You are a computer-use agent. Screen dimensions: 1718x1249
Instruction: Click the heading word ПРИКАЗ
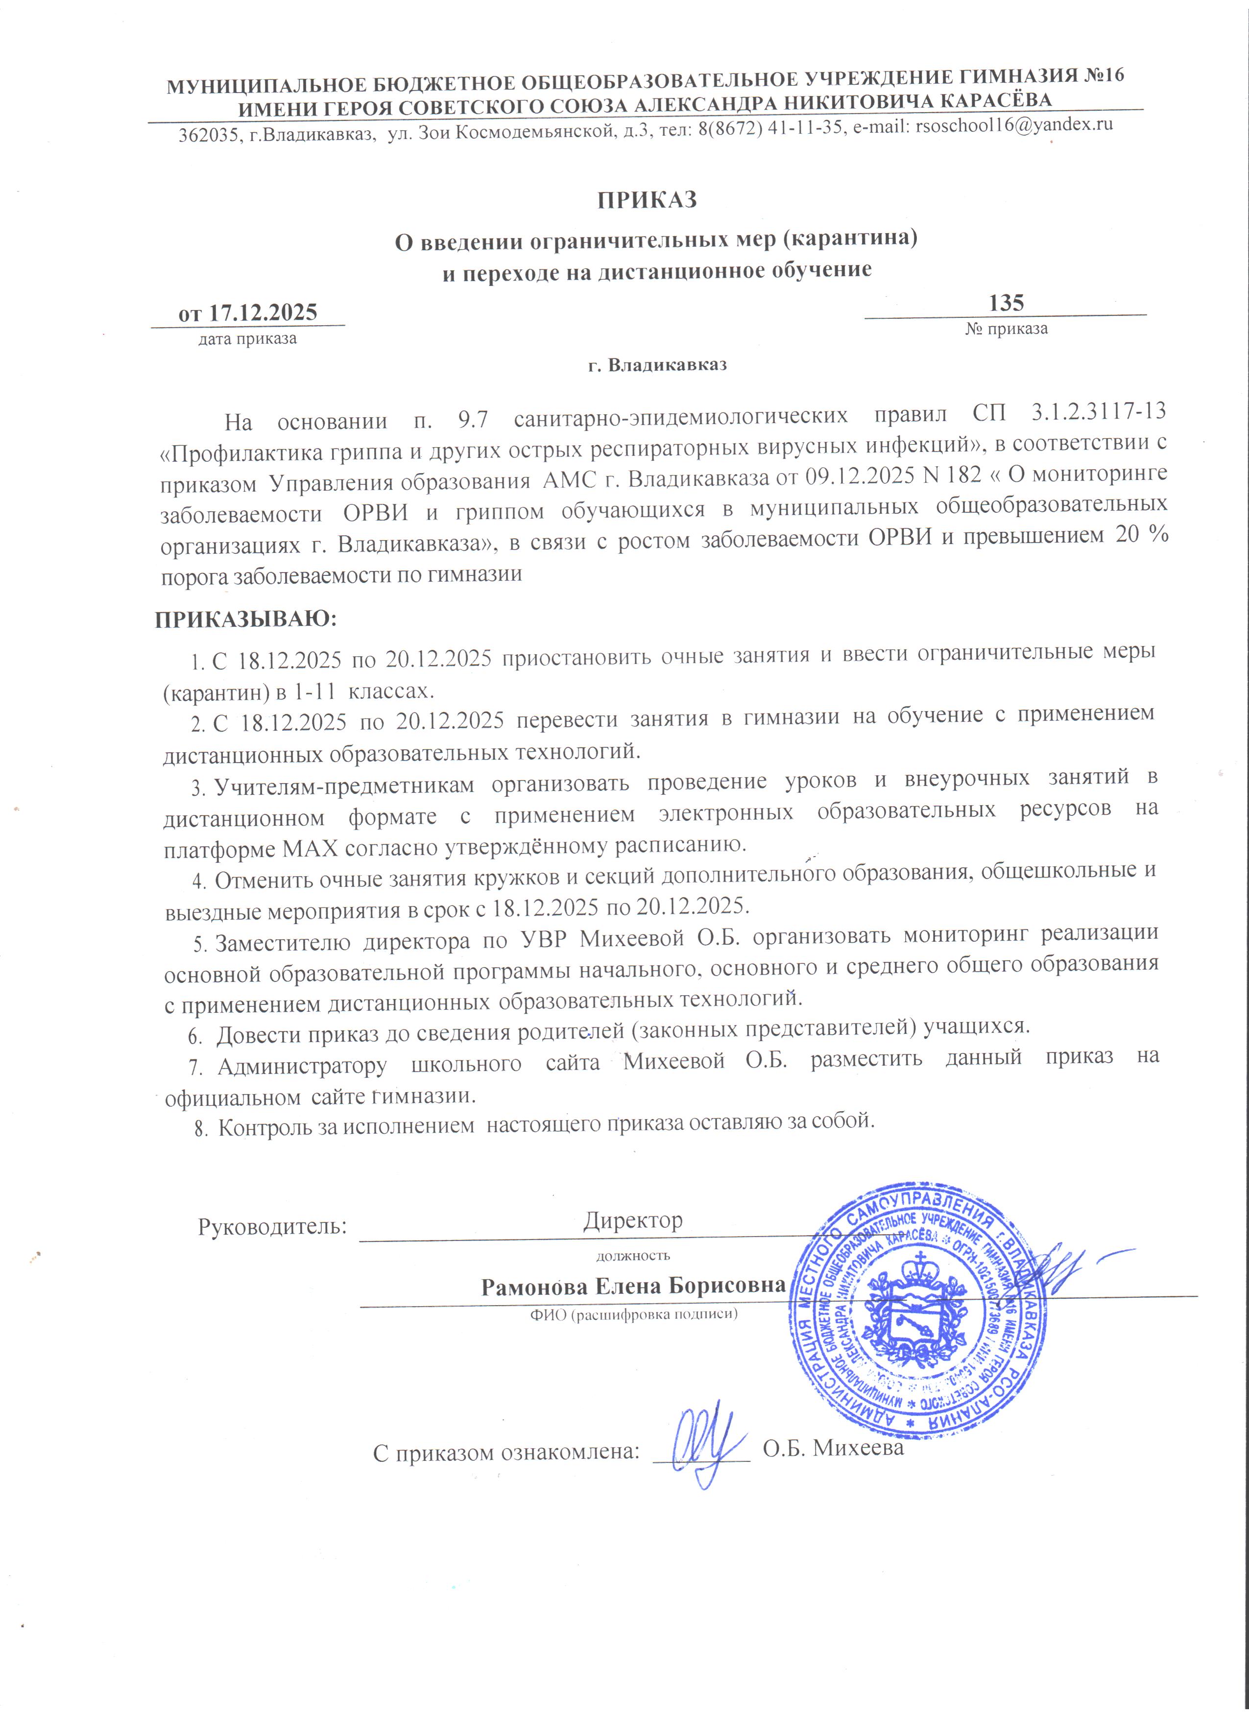[x=646, y=200]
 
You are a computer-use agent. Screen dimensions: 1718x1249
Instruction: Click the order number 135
[x=1006, y=303]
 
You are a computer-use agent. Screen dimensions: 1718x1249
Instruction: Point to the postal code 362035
[x=207, y=136]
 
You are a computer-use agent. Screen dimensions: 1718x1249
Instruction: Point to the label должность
[x=633, y=1255]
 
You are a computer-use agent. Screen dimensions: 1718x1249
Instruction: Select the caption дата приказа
[x=248, y=338]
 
